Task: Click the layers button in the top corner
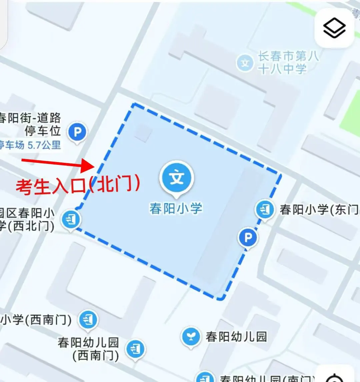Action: click(334, 28)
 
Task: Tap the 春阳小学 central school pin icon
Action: click(177, 178)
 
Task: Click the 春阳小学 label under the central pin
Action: click(176, 209)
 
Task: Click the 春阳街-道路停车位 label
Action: click(32, 124)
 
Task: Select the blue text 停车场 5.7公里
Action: click(30, 145)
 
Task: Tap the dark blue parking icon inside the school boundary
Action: click(248, 238)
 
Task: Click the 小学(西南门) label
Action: click(36, 320)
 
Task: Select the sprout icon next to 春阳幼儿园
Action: click(191, 336)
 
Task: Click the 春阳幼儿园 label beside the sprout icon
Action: click(236, 336)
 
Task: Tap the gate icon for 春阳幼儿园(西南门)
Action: click(135, 349)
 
